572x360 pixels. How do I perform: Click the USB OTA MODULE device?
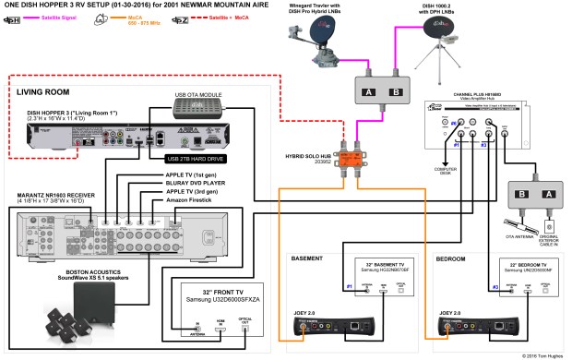click(x=197, y=109)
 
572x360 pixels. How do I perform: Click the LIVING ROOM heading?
click(x=43, y=90)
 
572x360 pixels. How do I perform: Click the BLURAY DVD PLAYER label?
click(x=168, y=183)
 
